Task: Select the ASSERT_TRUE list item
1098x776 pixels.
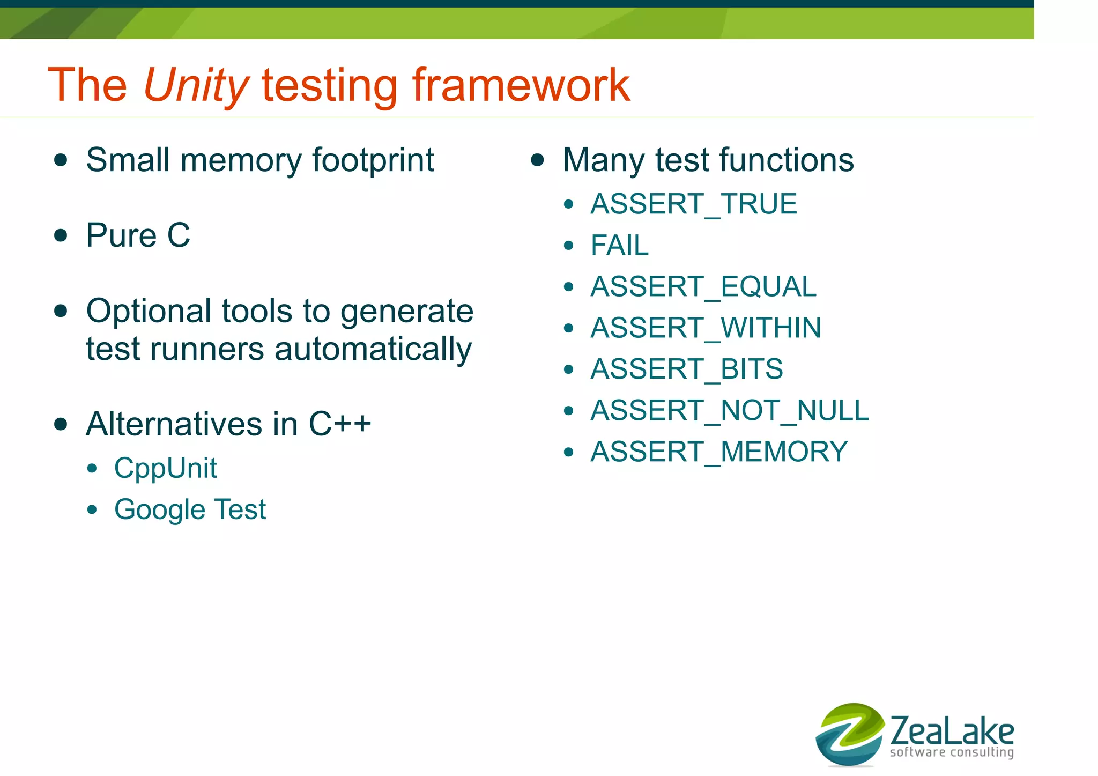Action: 694,204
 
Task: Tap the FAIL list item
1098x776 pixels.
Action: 619,246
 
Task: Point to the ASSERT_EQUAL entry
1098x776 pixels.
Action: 703,287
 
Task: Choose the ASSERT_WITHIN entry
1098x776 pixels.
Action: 706,328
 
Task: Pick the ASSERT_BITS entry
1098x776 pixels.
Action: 686,369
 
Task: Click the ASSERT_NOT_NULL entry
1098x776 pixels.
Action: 729,411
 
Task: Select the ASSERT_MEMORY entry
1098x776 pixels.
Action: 719,452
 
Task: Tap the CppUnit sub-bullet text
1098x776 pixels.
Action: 165,468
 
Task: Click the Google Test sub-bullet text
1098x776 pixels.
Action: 190,509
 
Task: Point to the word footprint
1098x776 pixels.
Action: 373,161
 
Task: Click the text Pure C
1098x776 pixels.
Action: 138,235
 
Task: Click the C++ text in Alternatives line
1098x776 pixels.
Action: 339,424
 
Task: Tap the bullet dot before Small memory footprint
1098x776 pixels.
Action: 61,160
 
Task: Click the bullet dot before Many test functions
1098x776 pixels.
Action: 537,160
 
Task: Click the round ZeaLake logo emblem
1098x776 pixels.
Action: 849,734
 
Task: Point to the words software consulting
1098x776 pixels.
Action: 952,752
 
